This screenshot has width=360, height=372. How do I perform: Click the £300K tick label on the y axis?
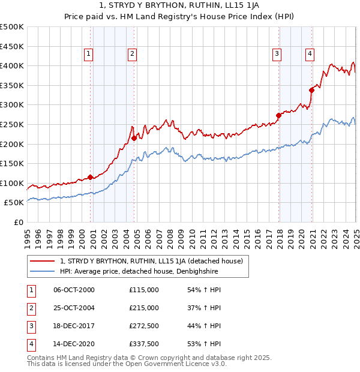(12, 105)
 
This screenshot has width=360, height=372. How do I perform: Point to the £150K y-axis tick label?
(12, 163)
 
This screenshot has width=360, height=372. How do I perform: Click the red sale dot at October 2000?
(91, 177)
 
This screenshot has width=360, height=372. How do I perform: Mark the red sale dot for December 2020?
(312, 90)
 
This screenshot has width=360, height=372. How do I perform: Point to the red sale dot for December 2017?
(279, 115)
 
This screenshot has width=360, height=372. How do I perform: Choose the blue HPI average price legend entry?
(139, 272)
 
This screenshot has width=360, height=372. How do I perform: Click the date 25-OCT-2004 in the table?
(74, 308)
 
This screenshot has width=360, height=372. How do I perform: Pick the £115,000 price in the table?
(144, 290)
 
